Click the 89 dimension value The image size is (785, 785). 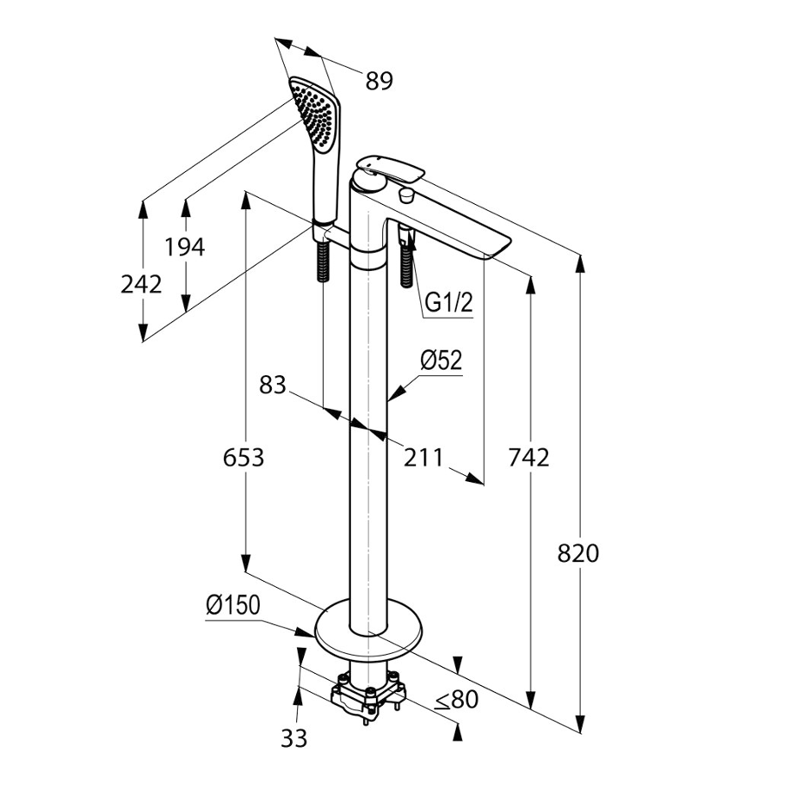379,81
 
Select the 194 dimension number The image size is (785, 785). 185,247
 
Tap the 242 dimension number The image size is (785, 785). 142,284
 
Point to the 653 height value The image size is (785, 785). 243,457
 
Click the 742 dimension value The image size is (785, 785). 530,457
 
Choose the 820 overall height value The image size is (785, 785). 579,553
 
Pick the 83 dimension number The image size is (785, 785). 273,385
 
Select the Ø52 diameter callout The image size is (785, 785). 441,360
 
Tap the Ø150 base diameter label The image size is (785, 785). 233,605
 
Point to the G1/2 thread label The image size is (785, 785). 448,303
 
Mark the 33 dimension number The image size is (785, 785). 294,738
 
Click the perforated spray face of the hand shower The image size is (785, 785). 313,113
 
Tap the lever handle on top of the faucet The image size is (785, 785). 391,168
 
